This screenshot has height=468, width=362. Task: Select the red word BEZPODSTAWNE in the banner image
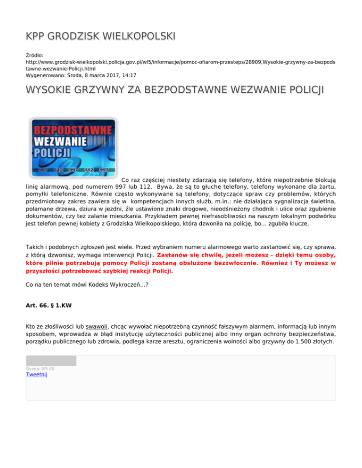pos(72,129)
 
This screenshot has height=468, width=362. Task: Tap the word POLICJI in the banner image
pos(52,152)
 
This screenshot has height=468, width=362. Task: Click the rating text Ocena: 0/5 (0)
pos(40,368)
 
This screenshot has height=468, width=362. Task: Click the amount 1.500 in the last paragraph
pos(301,342)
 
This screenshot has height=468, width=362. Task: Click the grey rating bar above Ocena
pos(51,361)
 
